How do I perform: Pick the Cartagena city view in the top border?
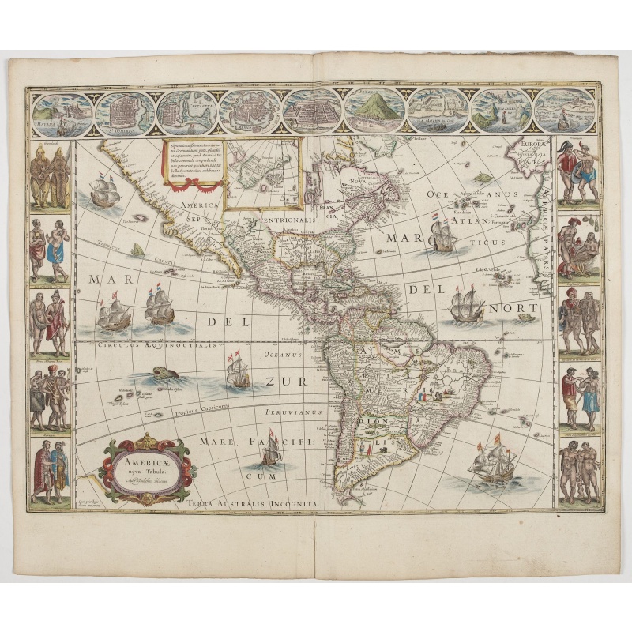[x=186, y=113]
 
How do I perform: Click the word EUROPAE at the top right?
[x=539, y=145]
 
